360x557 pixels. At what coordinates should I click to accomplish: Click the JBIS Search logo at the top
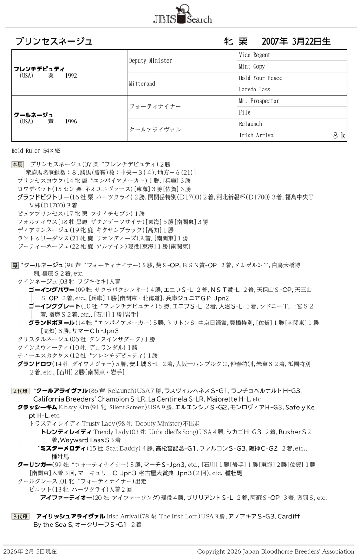(182, 14)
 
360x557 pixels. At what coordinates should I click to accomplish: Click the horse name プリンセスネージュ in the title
(54, 41)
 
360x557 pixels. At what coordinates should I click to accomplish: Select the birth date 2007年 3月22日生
(296, 41)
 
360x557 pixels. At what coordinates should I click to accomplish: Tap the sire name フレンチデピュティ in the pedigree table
(39, 69)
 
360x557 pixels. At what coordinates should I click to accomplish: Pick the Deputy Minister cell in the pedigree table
(151, 61)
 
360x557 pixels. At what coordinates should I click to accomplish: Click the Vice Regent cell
(255, 55)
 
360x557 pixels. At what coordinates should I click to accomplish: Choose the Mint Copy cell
(252, 67)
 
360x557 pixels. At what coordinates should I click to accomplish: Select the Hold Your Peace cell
(261, 78)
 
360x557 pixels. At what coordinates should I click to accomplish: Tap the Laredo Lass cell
(255, 90)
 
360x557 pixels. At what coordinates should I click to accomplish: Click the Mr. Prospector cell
(259, 101)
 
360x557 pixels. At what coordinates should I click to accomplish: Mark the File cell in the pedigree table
(245, 112)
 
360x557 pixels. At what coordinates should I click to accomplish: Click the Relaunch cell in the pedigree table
(250, 124)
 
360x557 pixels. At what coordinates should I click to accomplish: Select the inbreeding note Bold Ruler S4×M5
(36, 151)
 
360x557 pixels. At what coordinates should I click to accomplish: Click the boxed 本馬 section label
(18, 165)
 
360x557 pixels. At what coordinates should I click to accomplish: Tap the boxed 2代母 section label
(20, 390)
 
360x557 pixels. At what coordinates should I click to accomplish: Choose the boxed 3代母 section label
(20, 516)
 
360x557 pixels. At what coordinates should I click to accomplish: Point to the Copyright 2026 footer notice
(275, 551)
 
